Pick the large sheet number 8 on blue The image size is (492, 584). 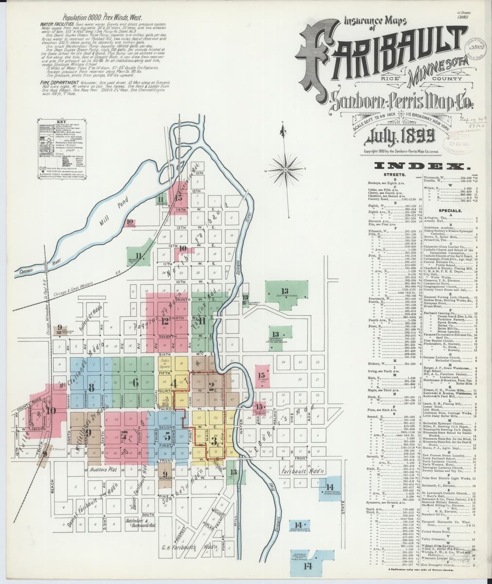click(x=91, y=388)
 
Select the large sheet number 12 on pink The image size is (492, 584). click(x=165, y=321)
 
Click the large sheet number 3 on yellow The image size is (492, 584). click(x=215, y=442)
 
